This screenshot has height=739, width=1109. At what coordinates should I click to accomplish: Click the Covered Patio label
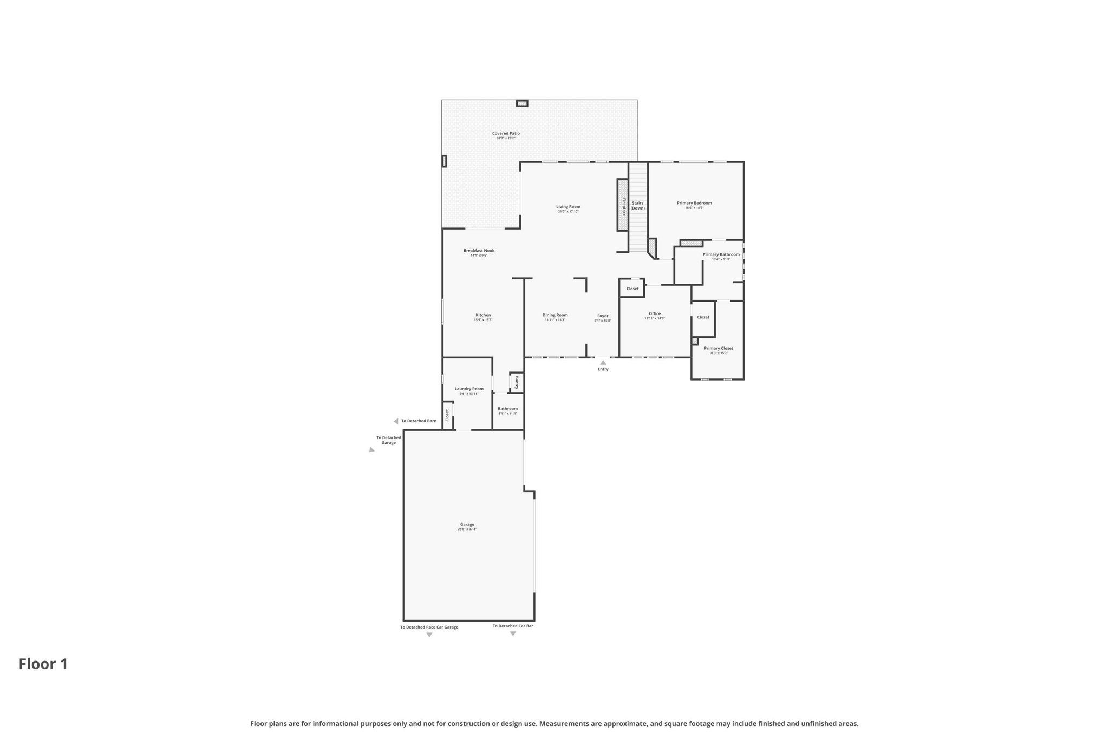(x=505, y=133)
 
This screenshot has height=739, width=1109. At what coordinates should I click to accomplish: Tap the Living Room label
(x=568, y=207)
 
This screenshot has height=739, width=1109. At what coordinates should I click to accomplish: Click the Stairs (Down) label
(x=637, y=206)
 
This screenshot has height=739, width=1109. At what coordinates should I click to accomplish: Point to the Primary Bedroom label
(x=694, y=203)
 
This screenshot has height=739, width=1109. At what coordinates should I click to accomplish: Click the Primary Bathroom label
(x=721, y=254)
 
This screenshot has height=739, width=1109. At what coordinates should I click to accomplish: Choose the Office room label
(x=654, y=313)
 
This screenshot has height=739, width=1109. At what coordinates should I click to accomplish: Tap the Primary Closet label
(x=718, y=348)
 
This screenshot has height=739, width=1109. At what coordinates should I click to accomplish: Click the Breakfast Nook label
(x=479, y=251)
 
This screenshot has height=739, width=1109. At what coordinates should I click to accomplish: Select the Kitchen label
(x=483, y=315)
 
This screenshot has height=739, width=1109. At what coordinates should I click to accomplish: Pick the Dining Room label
(x=554, y=315)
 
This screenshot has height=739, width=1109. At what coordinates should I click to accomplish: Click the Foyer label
(x=603, y=316)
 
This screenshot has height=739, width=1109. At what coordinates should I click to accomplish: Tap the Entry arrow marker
(x=603, y=363)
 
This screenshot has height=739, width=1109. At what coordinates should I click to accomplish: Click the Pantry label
(x=516, y=382)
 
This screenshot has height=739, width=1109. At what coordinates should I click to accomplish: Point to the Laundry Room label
(x=469, y=389)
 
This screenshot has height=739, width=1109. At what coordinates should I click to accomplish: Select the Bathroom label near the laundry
(x=507, y=409)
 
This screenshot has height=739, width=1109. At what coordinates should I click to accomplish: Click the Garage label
(x=467, y=524)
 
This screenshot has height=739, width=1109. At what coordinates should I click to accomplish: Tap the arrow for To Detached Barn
(x=396, y=421)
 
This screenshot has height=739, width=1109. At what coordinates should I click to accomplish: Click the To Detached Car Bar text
(x=512, y=626)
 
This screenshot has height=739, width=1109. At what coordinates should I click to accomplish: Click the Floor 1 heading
(x=43, y=664)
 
